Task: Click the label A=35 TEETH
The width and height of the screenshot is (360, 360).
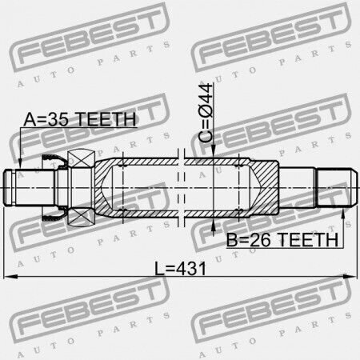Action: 80,119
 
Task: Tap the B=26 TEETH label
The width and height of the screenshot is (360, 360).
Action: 282,239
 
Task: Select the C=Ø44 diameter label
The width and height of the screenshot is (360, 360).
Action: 206,113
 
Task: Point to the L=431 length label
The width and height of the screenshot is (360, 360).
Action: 181,268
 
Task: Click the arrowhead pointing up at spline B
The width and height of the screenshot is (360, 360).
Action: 343,214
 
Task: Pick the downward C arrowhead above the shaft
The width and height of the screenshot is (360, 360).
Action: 214,152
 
